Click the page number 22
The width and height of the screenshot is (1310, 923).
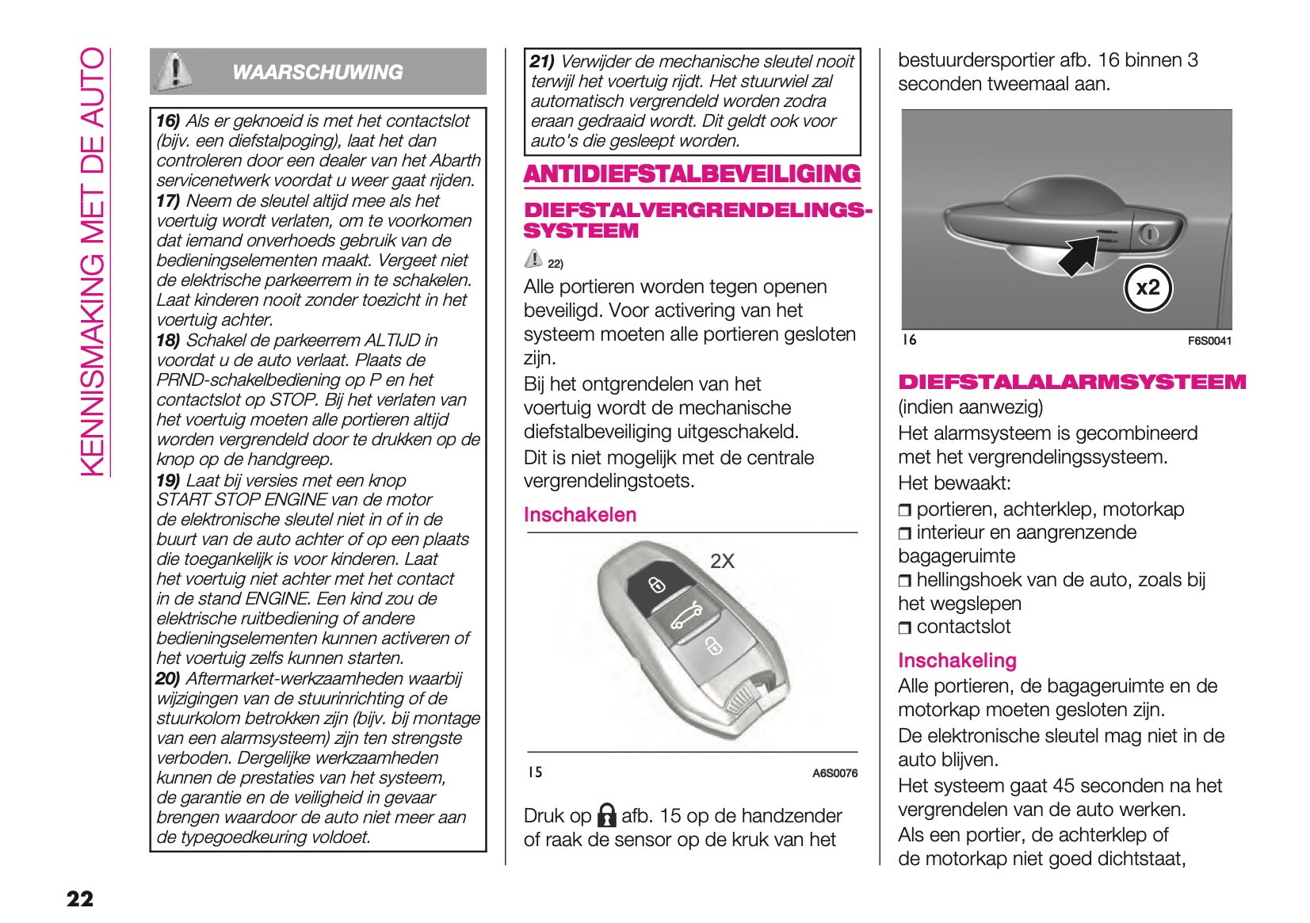pyautogui.click(x=80, y=898)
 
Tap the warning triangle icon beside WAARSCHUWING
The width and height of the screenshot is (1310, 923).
pyautogui.click(x=174, y=71)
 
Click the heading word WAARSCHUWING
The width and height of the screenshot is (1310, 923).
pyautogui.click(x=317, y=72)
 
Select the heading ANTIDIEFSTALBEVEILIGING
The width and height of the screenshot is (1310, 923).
pyautogui.click(x=692, y=174)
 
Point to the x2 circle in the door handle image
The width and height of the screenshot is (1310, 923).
pyautogui.click(x=1148, y=288)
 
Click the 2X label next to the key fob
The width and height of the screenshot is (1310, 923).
pyautogui.click(x=722, y=561)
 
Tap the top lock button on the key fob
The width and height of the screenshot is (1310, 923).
pyautogui.click(x=657, y=585)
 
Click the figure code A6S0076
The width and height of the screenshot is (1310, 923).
pyautogui.click(x=835, y=773)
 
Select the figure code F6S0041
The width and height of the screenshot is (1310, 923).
pyautogui.click(x=1209, y=341)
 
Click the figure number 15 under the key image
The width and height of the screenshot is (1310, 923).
pyautogui.click(x=535, y=772)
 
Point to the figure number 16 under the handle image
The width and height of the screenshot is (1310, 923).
pyautogui.click(x=910, y=340)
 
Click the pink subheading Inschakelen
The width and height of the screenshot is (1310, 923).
pyautogui.click(x=580, y=515)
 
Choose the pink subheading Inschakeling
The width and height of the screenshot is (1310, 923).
pyautogui.click(x=957, y=660)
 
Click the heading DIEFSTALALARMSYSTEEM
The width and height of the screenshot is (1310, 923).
pyautogui.click(x=1071, y=382)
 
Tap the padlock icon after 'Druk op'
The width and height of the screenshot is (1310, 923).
pyautogui.click(x=607, y=815)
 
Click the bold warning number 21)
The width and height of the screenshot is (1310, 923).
pyautogui.click(x=542, y=61)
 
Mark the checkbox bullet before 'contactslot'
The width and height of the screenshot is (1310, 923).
pyautogui.click(x=905, y=628)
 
